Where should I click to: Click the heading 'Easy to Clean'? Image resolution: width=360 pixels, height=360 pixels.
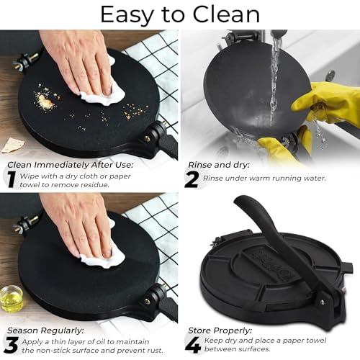click(x=180, y=14)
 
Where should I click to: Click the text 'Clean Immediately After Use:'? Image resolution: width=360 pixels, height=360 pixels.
click(x=61, y=164)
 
